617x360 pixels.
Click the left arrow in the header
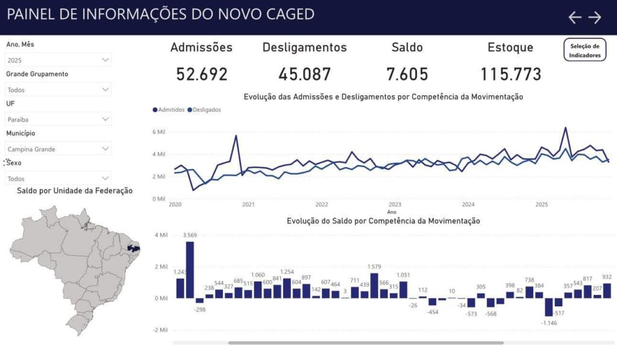pyautogui.click(x=575, y=17)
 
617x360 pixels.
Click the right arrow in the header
pyautogui.click(x=595, y=17)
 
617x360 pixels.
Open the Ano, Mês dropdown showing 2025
pyautogui.click(x=58, y=60)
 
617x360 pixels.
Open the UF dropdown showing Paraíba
pyautogui.click(x=58, y=119)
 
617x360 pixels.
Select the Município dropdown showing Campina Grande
pyautogui.click(x=58, y=148)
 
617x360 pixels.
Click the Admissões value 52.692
pyautogui.click(x=202, y=74)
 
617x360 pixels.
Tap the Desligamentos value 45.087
pyautogui.click(x=304, y=74)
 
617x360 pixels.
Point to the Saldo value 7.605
pyautogui.click(x=407, y=74)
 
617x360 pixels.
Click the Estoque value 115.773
pyautogui.click(x=510, y=74)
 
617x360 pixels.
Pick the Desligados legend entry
pyautogui.click(x=204, y=110)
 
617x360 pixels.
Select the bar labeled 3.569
pyautogui.click(x=190, y=270)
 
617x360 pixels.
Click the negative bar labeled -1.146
pyautogui.click(x=548, y=307)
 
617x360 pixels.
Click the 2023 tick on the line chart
pyautogui.click(x=395, y=204)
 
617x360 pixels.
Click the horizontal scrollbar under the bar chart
pyautogui.click(x=365, y=343)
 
